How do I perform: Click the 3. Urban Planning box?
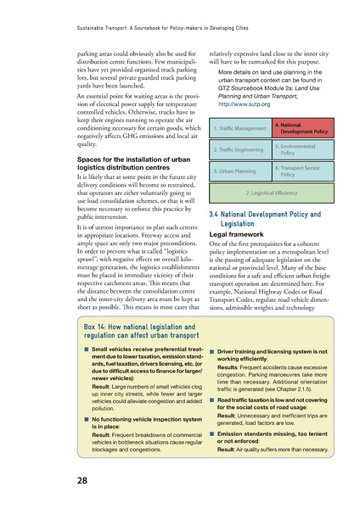coord(236,171)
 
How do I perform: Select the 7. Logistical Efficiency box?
coord(267,193)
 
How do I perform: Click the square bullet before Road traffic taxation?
coord(211,399)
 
